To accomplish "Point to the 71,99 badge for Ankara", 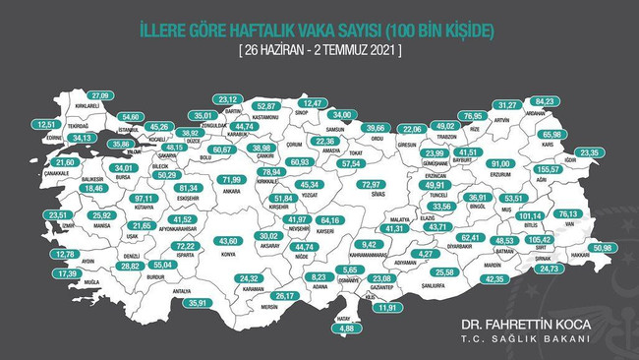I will point(231,180).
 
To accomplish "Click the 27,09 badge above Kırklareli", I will point(89,94).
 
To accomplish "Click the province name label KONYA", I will point(230,253).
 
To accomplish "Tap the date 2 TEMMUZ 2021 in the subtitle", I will point(354,48).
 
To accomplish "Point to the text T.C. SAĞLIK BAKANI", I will point(526,339).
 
